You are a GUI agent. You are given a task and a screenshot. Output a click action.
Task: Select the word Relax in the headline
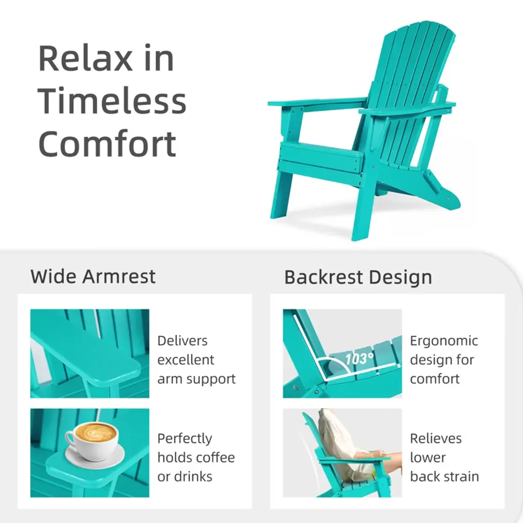pos(85,58)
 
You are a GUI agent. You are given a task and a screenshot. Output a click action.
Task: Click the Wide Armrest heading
pos(93,276)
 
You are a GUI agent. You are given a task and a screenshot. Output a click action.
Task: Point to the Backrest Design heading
pos(358,277)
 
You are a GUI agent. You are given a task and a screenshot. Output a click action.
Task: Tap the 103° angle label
pos(359,359)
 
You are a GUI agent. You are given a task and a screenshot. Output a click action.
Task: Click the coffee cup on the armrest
pos(91,441)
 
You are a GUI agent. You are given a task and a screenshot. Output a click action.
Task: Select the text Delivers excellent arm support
pos(197,360)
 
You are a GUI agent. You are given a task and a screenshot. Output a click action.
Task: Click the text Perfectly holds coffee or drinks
pos(196,457)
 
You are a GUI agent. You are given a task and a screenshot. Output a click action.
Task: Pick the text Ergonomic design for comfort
pos(444,360)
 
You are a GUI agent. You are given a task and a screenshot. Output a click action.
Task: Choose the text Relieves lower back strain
pos(444,457)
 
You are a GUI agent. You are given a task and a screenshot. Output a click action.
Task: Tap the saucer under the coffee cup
pos(94,458)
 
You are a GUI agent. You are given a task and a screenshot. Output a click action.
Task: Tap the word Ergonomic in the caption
pos(444,341)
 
